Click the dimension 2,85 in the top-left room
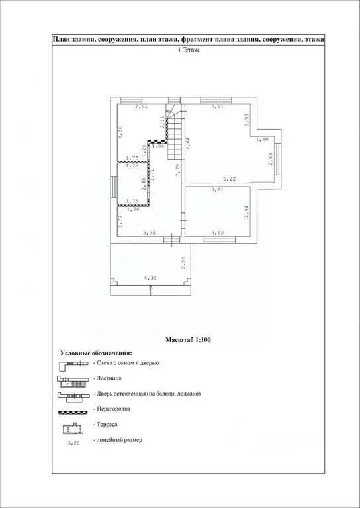(x=141, y=106)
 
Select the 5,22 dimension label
(x=229, y=178)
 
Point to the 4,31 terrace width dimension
(x=152, y=278)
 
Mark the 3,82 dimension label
(x=217, y=233)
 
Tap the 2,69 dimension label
(x=271, y=159)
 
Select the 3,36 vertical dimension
(x=120, y=132)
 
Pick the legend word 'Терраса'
(x=108, y=425)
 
